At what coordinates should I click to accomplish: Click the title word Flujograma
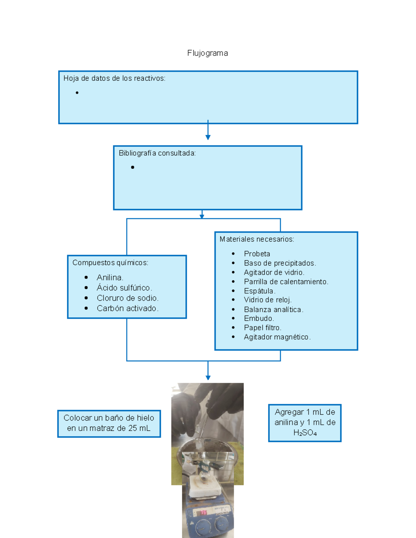208,53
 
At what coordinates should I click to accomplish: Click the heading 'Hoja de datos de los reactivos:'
114,78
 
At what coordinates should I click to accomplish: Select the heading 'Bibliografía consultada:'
157,153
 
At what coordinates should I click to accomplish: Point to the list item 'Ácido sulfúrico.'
124,288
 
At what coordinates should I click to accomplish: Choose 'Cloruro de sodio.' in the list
128,298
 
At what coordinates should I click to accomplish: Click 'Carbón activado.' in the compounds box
128,308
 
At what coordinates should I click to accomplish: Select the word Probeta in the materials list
257,254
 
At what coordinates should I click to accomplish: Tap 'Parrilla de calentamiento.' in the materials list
286,282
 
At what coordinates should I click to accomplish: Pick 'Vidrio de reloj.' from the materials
268,300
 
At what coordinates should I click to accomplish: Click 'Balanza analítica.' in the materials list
274,309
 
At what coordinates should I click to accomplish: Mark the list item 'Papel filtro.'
263,328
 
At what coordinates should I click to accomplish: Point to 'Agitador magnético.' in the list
277,337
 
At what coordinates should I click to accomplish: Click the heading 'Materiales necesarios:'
257,239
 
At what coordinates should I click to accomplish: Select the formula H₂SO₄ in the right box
305,433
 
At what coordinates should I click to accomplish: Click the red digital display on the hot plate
203,512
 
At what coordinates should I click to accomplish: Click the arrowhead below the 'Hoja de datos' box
208,138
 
